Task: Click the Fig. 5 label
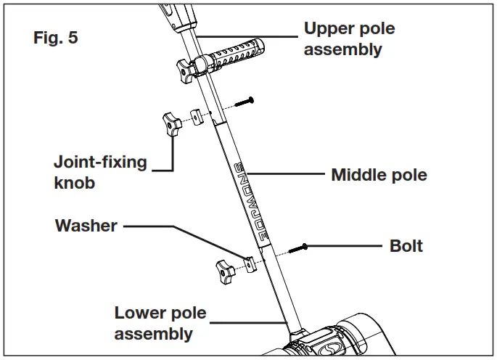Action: (56, 38)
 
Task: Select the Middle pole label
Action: (379, 175)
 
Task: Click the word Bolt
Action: (406, 245)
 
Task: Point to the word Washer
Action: (86, 226)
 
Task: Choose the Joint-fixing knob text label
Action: (100, 172)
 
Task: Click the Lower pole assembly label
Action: (160, 324)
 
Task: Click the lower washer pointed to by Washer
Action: (250, 265)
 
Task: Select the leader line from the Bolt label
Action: (345, 247)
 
